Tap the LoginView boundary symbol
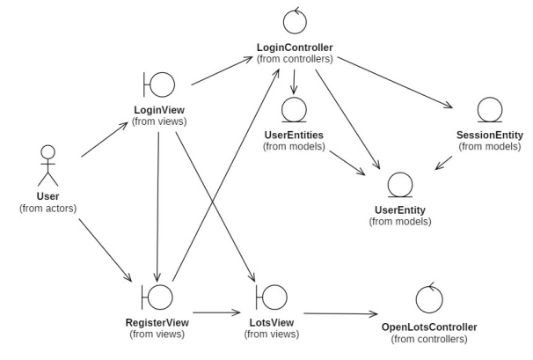click(x=159, y=85)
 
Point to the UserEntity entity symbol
click(x=400, y=185)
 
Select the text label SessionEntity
click(x=489, y=135)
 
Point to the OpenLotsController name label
click(x=429, y=327)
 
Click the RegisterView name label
click(x=158, y=322)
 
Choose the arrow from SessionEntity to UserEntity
click(x=445, y=163)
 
